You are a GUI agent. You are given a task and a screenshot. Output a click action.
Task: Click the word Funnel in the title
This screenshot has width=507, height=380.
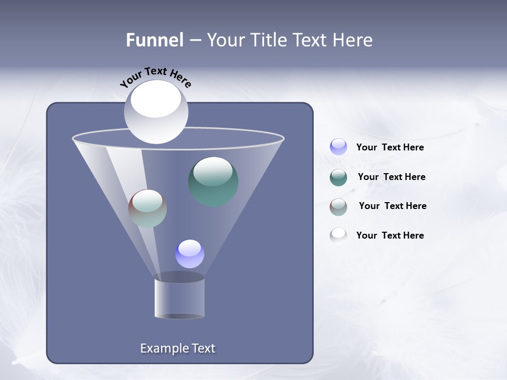click(x=154, y=40)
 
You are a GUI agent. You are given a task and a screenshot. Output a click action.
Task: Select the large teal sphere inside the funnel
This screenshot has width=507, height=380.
click(x=213, y=182)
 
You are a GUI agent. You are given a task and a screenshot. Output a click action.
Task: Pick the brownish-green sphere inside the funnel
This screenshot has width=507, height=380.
click(x=147, y=208)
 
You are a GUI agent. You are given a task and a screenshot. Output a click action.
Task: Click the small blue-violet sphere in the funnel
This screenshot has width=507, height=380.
click(x=190, y=254)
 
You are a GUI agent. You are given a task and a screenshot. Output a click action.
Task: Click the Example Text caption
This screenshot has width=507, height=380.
click(x=177, y=348)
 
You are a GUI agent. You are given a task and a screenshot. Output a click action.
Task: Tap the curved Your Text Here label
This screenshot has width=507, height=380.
click(x=155, y=77)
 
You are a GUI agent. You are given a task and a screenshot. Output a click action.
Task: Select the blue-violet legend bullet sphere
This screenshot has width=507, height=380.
click(x=339, y=147)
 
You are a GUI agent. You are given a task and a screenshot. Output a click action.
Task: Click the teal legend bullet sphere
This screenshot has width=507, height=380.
click(x=339, y=177)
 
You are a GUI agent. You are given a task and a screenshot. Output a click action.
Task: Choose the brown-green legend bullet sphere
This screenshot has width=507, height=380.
click(x=339, y=206)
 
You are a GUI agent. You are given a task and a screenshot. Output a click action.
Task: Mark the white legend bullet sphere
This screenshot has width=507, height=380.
click(x=339, y=235)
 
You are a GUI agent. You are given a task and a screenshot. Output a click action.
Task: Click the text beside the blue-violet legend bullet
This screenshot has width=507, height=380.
click(x=390, y=147)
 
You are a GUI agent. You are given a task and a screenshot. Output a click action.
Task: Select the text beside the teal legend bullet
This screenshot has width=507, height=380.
click(x=391, y=177)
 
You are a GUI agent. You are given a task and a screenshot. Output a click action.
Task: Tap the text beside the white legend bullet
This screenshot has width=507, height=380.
click(x=390, y=235)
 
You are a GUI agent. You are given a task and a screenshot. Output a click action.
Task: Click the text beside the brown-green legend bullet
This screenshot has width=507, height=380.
click(x=392, y=206)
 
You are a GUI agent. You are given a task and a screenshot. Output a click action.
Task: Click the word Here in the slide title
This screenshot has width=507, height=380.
click(x=353, y=40)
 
